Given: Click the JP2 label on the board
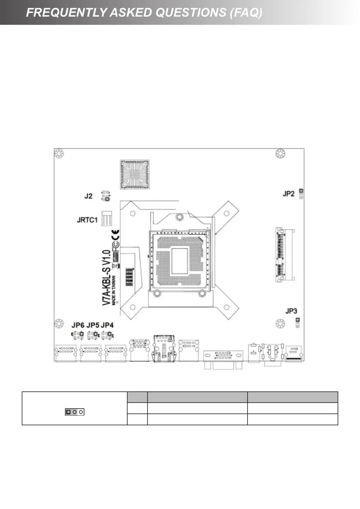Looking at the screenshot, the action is coord(288,194).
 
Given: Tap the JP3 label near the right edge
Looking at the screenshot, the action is coord(291,311).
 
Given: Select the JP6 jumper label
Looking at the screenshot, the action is coord(78,325).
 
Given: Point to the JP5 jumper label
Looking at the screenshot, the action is coord(93,325).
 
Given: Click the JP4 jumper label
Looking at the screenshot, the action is coord(107,325).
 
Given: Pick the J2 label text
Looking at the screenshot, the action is coord(88,196).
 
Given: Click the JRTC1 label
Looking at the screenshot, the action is coord(87,220).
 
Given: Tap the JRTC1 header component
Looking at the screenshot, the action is coord(106,219).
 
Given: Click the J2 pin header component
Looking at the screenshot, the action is coord(105,196).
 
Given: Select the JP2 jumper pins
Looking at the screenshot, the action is coord(301,194).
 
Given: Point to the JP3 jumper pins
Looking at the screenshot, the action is coord(297,323).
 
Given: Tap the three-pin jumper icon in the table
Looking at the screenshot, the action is coord(74,412).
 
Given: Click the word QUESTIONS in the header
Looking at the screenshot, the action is coord(191,12).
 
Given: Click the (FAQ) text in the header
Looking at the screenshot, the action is coord(246,12).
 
